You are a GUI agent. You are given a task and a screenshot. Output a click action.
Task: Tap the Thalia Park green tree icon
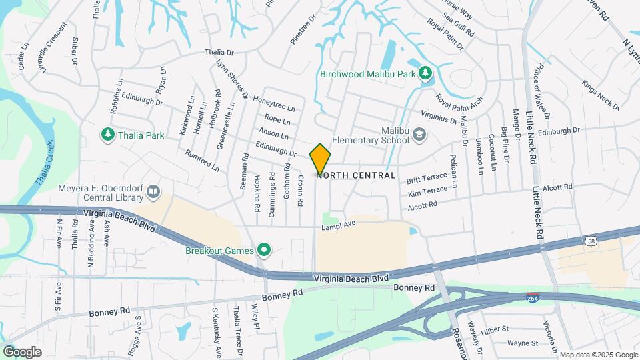tap(107, 135)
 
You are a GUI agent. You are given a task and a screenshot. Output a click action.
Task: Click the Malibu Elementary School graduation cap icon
tap(419, 135)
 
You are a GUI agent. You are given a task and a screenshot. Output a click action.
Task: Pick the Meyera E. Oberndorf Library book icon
tap(154, 193)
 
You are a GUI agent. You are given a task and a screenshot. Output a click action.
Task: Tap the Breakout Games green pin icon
tap(264, 251)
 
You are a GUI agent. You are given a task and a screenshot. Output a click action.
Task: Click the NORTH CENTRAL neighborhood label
tap(356, 175)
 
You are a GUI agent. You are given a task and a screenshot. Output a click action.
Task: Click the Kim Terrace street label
tap(427, 192)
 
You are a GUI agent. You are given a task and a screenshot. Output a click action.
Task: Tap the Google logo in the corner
tap(22, 351)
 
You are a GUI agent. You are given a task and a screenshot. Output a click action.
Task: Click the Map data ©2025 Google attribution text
tap(598, 355)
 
